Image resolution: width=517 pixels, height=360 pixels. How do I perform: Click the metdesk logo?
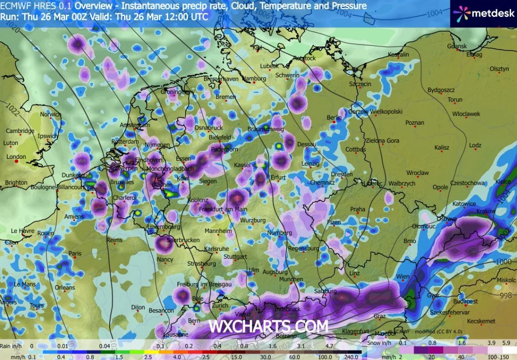[483, 13]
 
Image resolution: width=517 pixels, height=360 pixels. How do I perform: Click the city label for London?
[16, 157]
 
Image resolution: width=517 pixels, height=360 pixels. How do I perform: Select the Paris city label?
[75, 253]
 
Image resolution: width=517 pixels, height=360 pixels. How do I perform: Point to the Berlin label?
[335, 118]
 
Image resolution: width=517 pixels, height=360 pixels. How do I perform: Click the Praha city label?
[358, 209]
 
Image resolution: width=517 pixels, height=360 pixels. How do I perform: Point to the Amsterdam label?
[134, 125]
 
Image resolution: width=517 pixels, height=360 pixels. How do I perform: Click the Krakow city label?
[487, 211]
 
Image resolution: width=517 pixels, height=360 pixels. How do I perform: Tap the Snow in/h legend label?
[381, 342]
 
